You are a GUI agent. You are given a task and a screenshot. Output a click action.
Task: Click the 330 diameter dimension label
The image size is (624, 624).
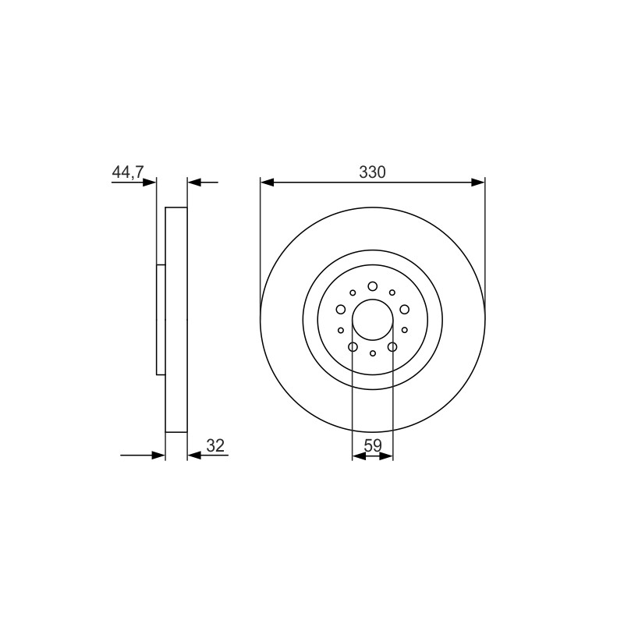click(372, 172)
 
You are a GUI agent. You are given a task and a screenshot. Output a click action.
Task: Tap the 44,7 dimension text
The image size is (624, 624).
click(128, 172)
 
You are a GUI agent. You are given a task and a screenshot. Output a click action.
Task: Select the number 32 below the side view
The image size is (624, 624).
click(216, 445)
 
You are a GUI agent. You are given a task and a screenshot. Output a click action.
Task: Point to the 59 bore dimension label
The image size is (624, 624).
click(373, 445)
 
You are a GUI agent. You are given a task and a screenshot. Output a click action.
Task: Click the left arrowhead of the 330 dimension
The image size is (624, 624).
click(267, 183)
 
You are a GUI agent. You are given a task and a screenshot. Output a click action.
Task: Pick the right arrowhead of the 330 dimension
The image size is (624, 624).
click(478, 183)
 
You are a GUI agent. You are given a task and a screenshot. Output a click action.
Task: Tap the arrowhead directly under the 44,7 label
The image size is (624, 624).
click(149, 183)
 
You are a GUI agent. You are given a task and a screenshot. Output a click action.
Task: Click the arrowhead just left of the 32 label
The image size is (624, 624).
click(194, 456)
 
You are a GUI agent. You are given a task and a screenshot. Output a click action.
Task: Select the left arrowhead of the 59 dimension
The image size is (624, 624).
click(360, 456)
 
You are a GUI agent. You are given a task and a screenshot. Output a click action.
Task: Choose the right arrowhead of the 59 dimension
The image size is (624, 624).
click(386, 456)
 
